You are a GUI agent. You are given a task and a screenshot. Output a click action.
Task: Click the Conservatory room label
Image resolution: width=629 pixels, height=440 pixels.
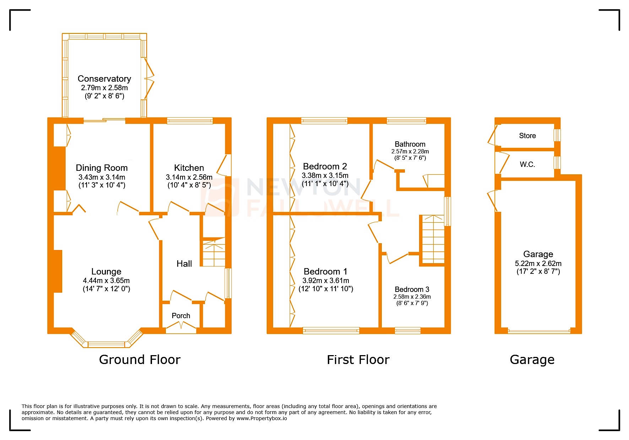[x=104, y=78]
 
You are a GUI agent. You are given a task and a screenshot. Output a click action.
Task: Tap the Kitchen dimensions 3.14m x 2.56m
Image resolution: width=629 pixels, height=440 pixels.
[x=189, y=177]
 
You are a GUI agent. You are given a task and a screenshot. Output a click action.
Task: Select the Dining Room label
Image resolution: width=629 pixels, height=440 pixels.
[x=102, y=168]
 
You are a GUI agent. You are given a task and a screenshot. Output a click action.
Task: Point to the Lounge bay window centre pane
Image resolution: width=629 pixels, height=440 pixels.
[x=107, y=344]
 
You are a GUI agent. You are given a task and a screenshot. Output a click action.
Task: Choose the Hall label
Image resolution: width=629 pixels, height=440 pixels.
[x=184, y=264]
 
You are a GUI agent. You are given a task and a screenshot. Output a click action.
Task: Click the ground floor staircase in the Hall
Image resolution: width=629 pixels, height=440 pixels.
[x=214, y=253]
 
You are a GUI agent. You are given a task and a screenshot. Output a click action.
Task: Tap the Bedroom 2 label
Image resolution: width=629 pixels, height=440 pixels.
[x=325, y=166]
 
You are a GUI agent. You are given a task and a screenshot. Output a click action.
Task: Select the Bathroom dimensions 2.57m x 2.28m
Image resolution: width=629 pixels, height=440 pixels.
[x=410, y=151]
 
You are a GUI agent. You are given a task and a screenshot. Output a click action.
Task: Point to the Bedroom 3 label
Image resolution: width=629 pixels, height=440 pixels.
[x=412, y=289]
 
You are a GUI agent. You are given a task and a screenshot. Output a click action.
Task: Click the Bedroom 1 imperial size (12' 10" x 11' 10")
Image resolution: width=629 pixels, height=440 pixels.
[x=326, y=289]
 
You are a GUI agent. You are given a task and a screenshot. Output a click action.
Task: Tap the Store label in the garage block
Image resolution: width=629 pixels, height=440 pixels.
[x=527, y=136]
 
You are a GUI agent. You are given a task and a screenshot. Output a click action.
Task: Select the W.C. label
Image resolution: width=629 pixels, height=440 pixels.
[x=527, y=164]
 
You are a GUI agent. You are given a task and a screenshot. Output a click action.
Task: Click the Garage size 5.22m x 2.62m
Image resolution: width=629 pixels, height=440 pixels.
[x=538, y=264]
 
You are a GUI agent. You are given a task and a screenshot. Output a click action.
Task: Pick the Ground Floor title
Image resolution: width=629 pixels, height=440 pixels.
[x=140, y=359]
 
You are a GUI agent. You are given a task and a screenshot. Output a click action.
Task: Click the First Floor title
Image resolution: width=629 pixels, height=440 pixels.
[x=358, y=359]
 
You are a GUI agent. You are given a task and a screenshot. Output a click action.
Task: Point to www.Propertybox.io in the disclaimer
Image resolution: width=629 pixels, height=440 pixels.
[x=262, y=418]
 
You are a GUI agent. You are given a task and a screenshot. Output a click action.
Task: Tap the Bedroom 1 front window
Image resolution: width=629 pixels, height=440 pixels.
[x=331, y=331]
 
